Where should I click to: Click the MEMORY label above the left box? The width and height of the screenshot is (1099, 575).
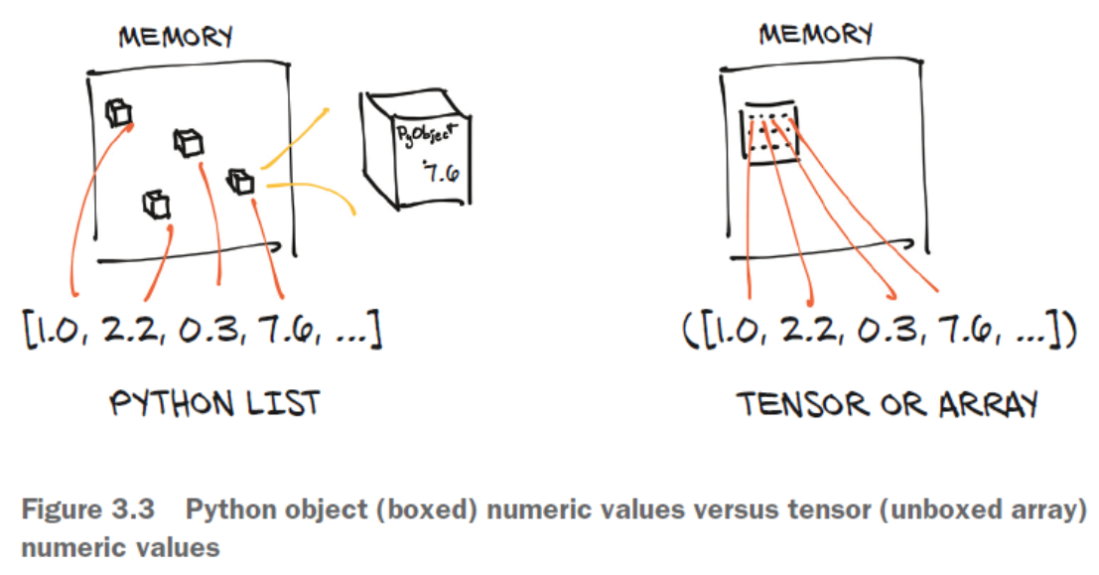pyautogui.click(x=175, y=39)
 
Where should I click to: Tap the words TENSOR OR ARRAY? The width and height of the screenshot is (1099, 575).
pyautogui.click(x=888, y=404)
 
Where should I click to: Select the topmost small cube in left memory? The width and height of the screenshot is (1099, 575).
pyautogui.click(x=118, y=112)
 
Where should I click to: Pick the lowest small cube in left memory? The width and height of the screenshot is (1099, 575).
pyautogui.click(x=156, y=205)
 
